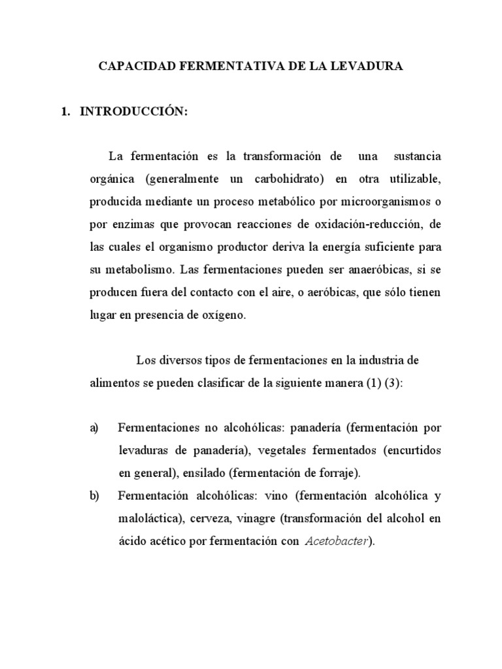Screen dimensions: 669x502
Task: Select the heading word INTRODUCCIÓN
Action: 134,112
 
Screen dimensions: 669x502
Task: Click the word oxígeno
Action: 224,314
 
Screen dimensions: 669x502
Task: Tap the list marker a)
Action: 94,428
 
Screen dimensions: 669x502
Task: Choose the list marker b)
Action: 94,496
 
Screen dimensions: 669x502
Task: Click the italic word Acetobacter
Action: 339,541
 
